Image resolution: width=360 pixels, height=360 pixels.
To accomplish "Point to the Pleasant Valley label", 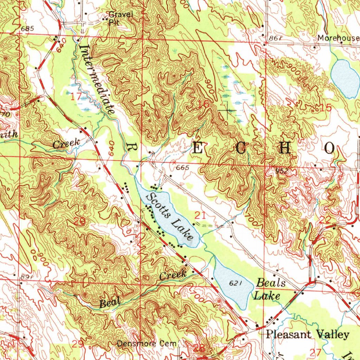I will pyautogui.click(x=307, y=334).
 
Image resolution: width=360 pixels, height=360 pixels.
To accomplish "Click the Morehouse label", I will pyautogui.click(x=338, y=38).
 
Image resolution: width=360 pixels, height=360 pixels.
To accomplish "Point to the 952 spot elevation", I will pyautogui.click(x=282, y=171).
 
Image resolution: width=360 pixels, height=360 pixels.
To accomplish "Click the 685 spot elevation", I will pyautogui.click(x=27, y=28).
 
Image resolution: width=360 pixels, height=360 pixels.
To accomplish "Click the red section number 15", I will pyautogui.click(x=326, y=108).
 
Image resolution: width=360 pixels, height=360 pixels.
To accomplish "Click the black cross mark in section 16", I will pyautogui.click(x=227, y=110).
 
